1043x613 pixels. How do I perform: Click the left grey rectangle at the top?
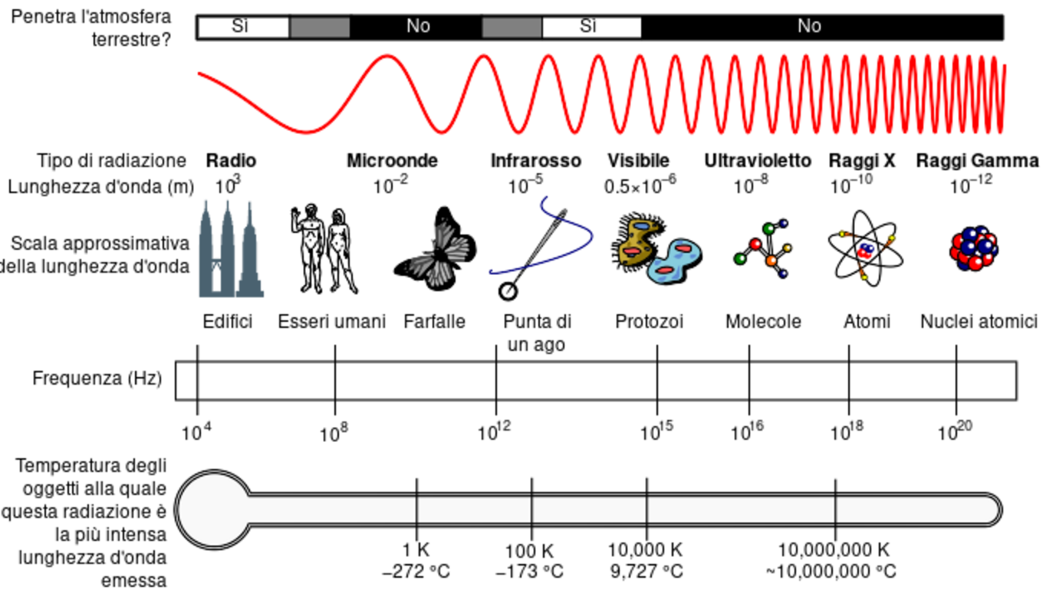tap(319, 28)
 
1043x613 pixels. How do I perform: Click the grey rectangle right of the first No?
tap(512, 28)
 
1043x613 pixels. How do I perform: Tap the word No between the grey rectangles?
tap(418, 26)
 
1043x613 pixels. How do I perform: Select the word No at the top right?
tap(809, 26)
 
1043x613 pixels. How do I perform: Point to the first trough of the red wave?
tap(307, 132)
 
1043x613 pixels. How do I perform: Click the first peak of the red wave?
tap(387, 57)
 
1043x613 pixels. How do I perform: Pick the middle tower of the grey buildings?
tap(227, 245)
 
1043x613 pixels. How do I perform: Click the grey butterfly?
tap(438, 253)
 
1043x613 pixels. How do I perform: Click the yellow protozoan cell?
tap(638, 241)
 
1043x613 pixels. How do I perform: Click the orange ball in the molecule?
tap(772, 261)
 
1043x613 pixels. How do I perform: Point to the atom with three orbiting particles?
tap(866, 251)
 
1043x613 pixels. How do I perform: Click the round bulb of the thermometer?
tap(213, 510)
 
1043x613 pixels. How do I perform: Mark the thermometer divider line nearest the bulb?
tap(416, 510)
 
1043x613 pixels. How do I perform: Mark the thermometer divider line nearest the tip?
tap(835, 510)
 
